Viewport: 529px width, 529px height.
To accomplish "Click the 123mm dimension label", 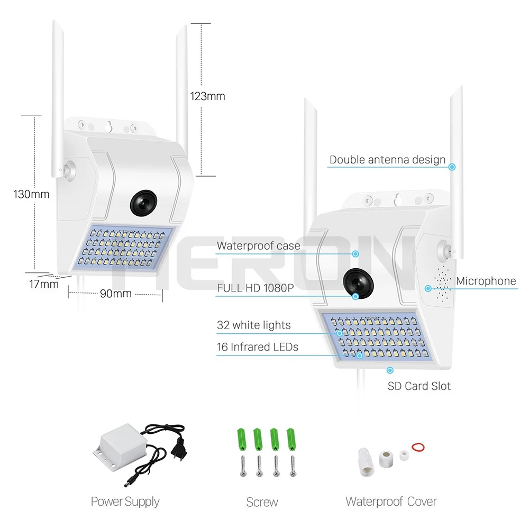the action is (x=207, y=96).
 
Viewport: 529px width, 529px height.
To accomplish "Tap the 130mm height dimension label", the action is (x=31, y=194).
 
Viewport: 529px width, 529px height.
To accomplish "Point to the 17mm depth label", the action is (x=43, y=284).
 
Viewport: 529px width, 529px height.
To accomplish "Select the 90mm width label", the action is (x=115, y=293).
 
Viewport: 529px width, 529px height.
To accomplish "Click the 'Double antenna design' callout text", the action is (x=387, y=160).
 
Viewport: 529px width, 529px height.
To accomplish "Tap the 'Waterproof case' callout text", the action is (x=258, y=245).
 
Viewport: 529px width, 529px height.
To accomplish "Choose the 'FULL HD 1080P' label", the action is (x=255, y=288).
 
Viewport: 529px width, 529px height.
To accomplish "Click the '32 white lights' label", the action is (x=253, y=325).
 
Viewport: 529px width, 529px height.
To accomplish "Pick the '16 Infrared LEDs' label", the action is (x=257, y=347).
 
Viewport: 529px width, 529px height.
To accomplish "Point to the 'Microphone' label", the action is (x=486, y=281).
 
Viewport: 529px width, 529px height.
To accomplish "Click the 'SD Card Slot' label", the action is (x=419, y=386).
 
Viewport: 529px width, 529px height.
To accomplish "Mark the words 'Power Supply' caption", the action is (x=125, y=501).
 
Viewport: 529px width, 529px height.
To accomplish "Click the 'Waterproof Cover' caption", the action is (x=391, y=501).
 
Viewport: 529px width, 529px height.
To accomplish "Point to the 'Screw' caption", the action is (x=262, y=502).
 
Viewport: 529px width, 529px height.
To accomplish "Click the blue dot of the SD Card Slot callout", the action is (x=390, y=371).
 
